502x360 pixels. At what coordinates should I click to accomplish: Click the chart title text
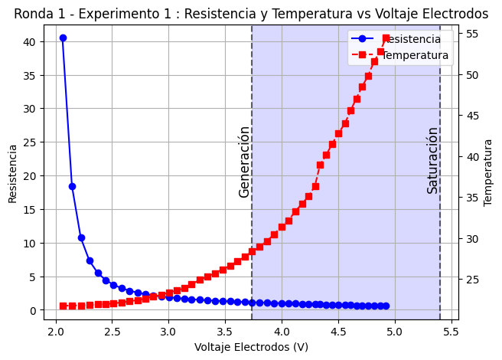point(251,14)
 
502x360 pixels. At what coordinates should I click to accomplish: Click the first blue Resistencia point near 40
point(63,38)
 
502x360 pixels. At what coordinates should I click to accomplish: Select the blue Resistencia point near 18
point(72,186)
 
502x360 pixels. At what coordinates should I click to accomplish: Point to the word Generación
point(245,162)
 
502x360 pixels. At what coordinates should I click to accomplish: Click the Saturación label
point(433,160)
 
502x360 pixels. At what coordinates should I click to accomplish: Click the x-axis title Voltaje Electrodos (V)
point(251,347)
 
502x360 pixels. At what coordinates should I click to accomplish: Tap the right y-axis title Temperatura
point(488,172)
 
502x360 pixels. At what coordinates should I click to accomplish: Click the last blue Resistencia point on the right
point(386,306)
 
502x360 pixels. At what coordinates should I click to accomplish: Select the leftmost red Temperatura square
point(63,306)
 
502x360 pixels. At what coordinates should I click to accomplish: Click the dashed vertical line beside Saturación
point(440,230)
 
